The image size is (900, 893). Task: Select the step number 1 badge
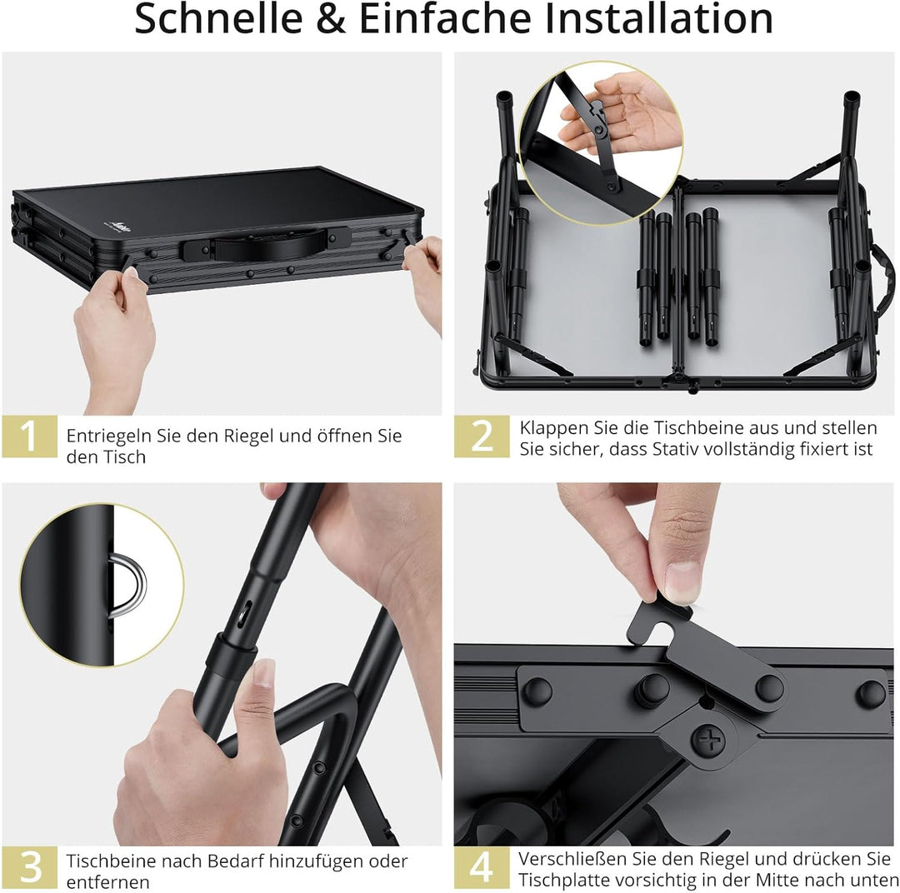tap(29, 436)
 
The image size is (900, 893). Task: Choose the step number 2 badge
tap(482, 436)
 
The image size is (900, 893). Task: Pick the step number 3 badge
tap(29, 867)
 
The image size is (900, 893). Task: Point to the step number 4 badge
tap(482, 867)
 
